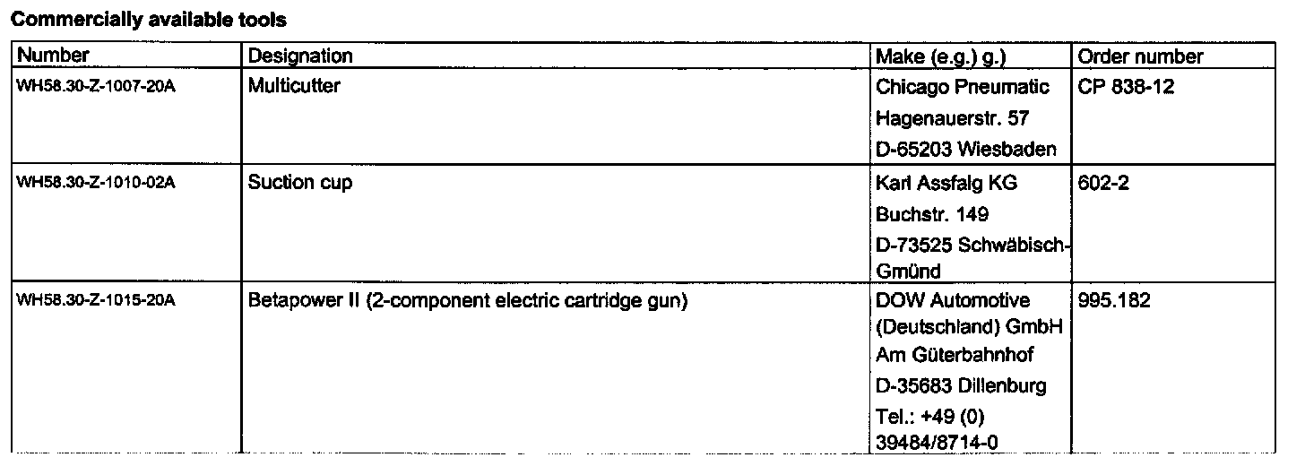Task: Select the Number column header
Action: coord(54,56)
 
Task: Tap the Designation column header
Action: coord(300,56)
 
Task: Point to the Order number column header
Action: coord(1140,56)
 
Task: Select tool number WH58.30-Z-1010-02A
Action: coord(96,184)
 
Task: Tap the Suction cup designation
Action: coord(300,183)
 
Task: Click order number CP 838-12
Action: coord(1127,88)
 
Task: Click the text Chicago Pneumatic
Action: coord(962,88)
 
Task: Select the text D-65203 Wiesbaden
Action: coord(966,148)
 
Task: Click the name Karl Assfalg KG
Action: coord(946,183)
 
